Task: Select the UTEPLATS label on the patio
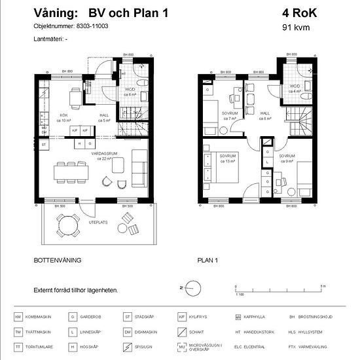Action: click(98, 223)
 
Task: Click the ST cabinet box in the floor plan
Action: click(44, 143)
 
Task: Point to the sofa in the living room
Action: click(139, 169)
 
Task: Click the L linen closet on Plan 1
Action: click(268, 160)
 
